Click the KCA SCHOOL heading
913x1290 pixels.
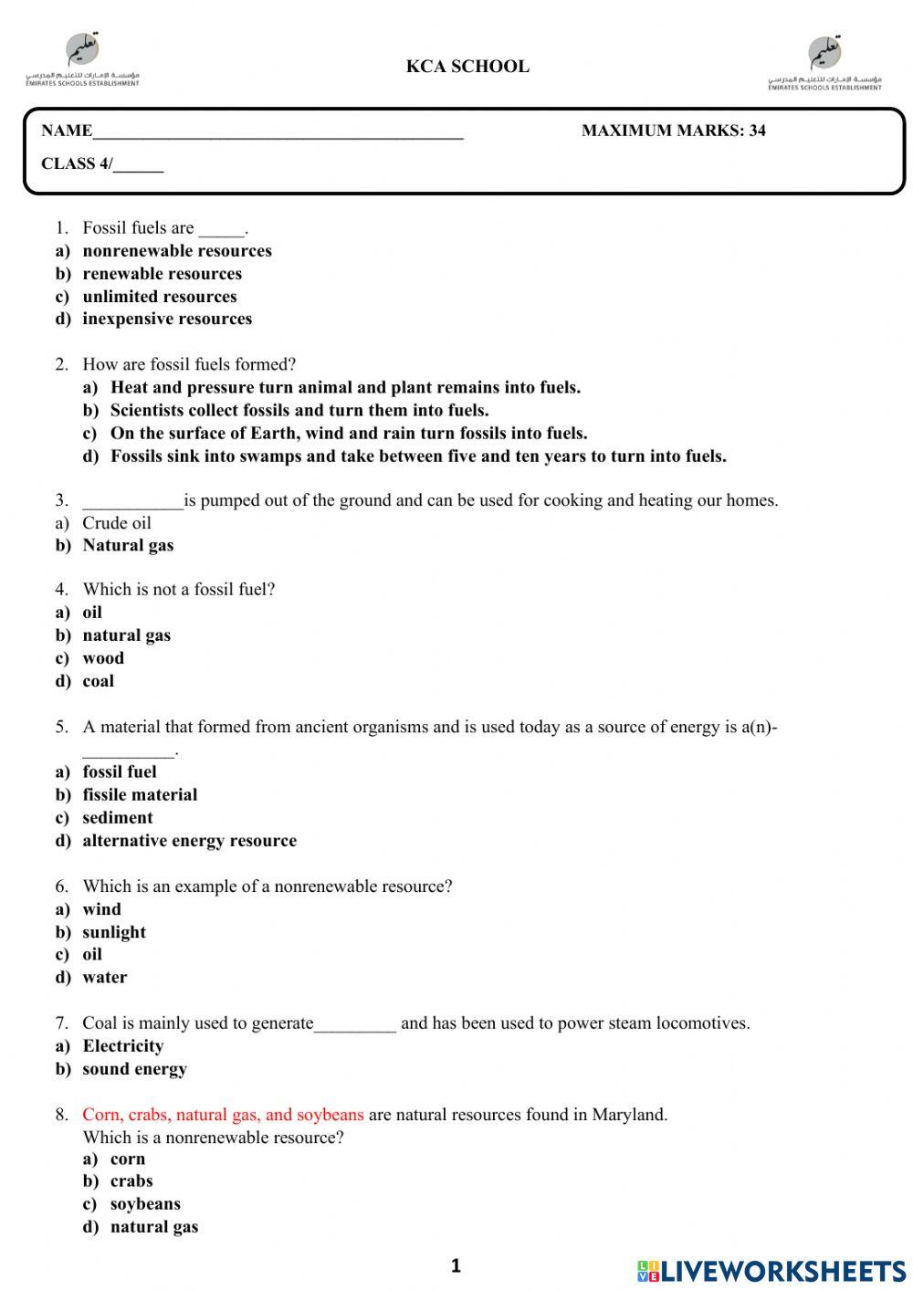[467, 67]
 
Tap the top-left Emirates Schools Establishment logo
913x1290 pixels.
[82, 60]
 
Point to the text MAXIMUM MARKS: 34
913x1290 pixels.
[673, 131]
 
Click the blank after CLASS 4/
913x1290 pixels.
[138, 166]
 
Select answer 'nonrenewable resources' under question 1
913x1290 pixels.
[176, 251]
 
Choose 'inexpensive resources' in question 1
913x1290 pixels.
[167, 319]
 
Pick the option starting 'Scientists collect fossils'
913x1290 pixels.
[299, 410]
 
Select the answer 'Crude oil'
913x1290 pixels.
[117, 523]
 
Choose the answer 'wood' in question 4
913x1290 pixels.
[103, 658]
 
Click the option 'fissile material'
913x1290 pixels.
[140, 795]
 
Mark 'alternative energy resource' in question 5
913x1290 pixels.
[189, 841]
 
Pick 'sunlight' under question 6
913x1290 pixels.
[114, 932]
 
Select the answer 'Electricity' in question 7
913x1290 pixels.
[123, 1046]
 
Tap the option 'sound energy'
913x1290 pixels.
[134, 1069]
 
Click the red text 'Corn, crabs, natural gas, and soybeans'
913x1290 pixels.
[223, 1115]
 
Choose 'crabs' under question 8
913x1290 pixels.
[131, 1181]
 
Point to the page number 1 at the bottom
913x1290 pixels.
[456, 1266]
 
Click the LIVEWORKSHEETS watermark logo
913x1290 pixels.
[771, 1271]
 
